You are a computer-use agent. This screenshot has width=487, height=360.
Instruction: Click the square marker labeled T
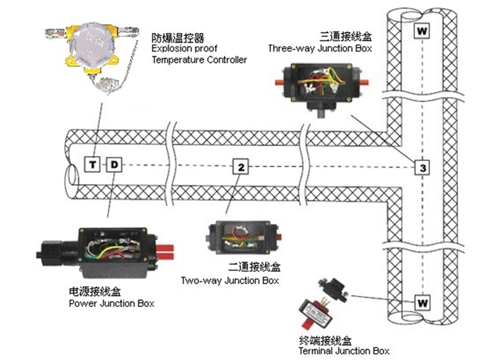point(93,164)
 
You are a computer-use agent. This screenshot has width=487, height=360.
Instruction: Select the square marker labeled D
point(114,164)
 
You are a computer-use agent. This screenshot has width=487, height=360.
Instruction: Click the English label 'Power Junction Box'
point(112,303)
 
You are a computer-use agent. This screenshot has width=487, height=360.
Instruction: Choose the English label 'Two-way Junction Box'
point(230,281)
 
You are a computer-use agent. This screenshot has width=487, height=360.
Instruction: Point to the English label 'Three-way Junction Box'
point(320,47)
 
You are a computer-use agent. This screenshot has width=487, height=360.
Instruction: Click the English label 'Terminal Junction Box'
point(343,351)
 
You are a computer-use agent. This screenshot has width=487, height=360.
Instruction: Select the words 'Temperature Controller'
point(200,60)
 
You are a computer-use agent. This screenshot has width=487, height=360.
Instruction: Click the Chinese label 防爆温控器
point(174,37)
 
